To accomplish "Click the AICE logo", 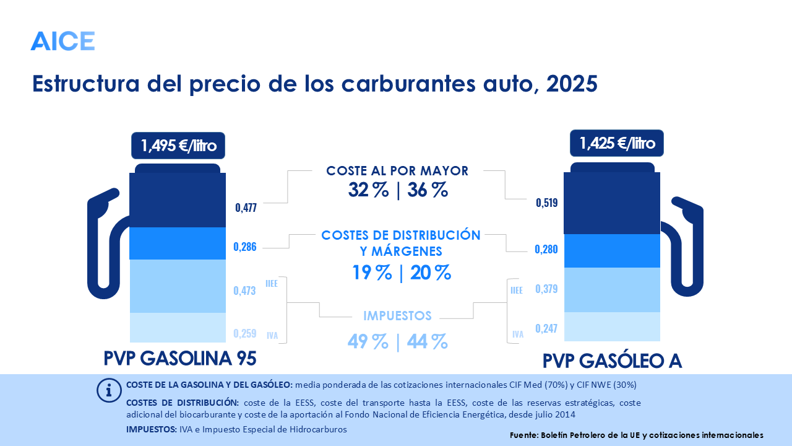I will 62,41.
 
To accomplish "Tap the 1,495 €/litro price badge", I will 178,146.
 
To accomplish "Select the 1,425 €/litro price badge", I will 617,144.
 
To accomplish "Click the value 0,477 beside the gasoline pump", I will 246,207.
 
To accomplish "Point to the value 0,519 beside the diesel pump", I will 547,203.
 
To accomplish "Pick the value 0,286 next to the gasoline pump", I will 244,247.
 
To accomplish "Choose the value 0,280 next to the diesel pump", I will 546,250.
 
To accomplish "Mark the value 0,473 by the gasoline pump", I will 244,291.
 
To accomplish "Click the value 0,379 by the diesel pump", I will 546,289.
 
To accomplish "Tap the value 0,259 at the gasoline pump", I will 244,333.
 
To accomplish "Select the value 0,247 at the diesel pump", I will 546,328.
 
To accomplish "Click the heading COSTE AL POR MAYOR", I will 397,170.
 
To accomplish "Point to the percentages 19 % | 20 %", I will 402,273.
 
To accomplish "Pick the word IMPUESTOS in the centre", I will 397,315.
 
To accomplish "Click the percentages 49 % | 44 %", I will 397,341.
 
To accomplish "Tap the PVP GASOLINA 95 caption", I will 179,359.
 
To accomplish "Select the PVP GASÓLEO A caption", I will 613,361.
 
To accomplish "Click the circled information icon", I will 110,390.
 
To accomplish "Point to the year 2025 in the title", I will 572,84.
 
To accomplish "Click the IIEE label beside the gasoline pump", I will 271,283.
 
